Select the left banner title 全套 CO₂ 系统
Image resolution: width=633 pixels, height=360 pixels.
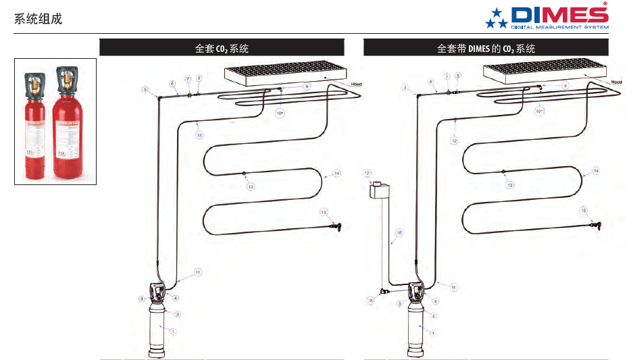pyautogui.click(x=221, y=49)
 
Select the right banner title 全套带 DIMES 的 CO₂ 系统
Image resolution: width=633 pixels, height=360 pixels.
pyautogui.click(x=486, y=49)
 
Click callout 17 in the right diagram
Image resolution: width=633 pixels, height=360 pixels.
pyautogui.click(x=368, y=173)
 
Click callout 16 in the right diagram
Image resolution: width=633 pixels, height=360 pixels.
pyautogui.click(x=399, y=233)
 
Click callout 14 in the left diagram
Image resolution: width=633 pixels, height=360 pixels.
pyautogui.click(x=336, y=174)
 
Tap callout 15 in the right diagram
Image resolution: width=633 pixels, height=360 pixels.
pyautogui.click(x=584, y=211)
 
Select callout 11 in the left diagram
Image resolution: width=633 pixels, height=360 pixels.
pyautogui.click(x=198, y=272)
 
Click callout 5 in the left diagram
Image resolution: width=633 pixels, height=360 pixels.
pyautogui.click(x=144, y=89)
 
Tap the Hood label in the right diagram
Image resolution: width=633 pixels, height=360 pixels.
pyautogui.click(x=616, y=82)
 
